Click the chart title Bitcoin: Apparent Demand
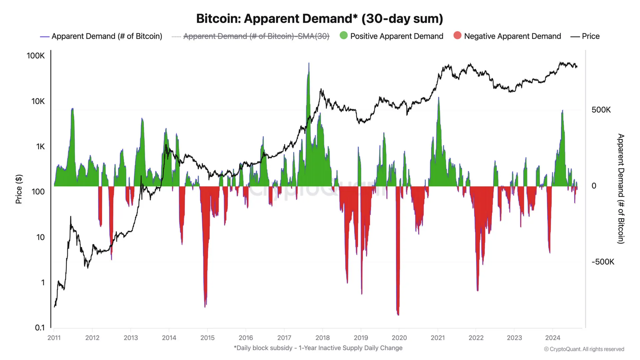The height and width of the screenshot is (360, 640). point(319,19)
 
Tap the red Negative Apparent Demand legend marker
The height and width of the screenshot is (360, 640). point(457,35)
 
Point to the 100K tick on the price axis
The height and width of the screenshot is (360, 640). point(36,56)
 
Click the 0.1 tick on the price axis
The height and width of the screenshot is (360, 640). point(40,328)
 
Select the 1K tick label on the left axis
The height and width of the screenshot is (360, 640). point(40,147)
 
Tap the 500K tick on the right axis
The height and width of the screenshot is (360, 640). point(601,110)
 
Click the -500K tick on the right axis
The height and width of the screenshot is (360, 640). point(603,262)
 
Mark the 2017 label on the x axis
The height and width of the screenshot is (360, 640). point(284,338)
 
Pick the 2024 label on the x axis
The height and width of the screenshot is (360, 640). point(552,338)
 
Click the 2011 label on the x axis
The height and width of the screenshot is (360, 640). point(54,338)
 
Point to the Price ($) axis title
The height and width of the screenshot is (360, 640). point(19,189)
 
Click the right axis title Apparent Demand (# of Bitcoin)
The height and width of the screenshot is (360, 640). point(620,189)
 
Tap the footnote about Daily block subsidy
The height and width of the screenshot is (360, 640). point(318,348)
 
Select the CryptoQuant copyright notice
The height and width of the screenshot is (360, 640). point(584,349)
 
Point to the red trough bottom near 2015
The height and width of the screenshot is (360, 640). point(205,306)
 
